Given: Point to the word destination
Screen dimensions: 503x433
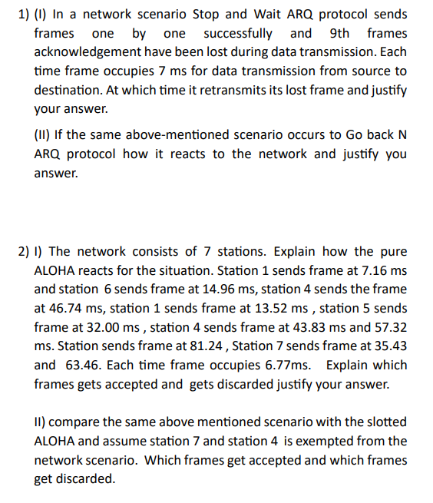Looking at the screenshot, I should [69, 90].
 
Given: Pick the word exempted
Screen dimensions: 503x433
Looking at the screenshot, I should [347, 441].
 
